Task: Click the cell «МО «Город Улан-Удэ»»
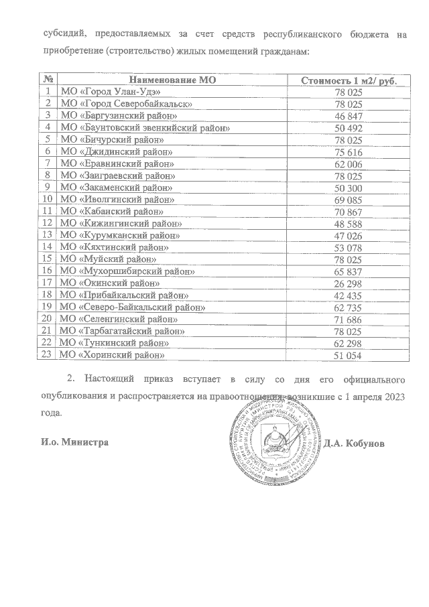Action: click(111, 92)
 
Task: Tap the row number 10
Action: click(47, 199)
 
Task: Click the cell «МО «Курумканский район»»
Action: click(121, 235)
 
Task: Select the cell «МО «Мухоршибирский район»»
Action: click(127, 271)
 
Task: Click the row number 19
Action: click(47, 307)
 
